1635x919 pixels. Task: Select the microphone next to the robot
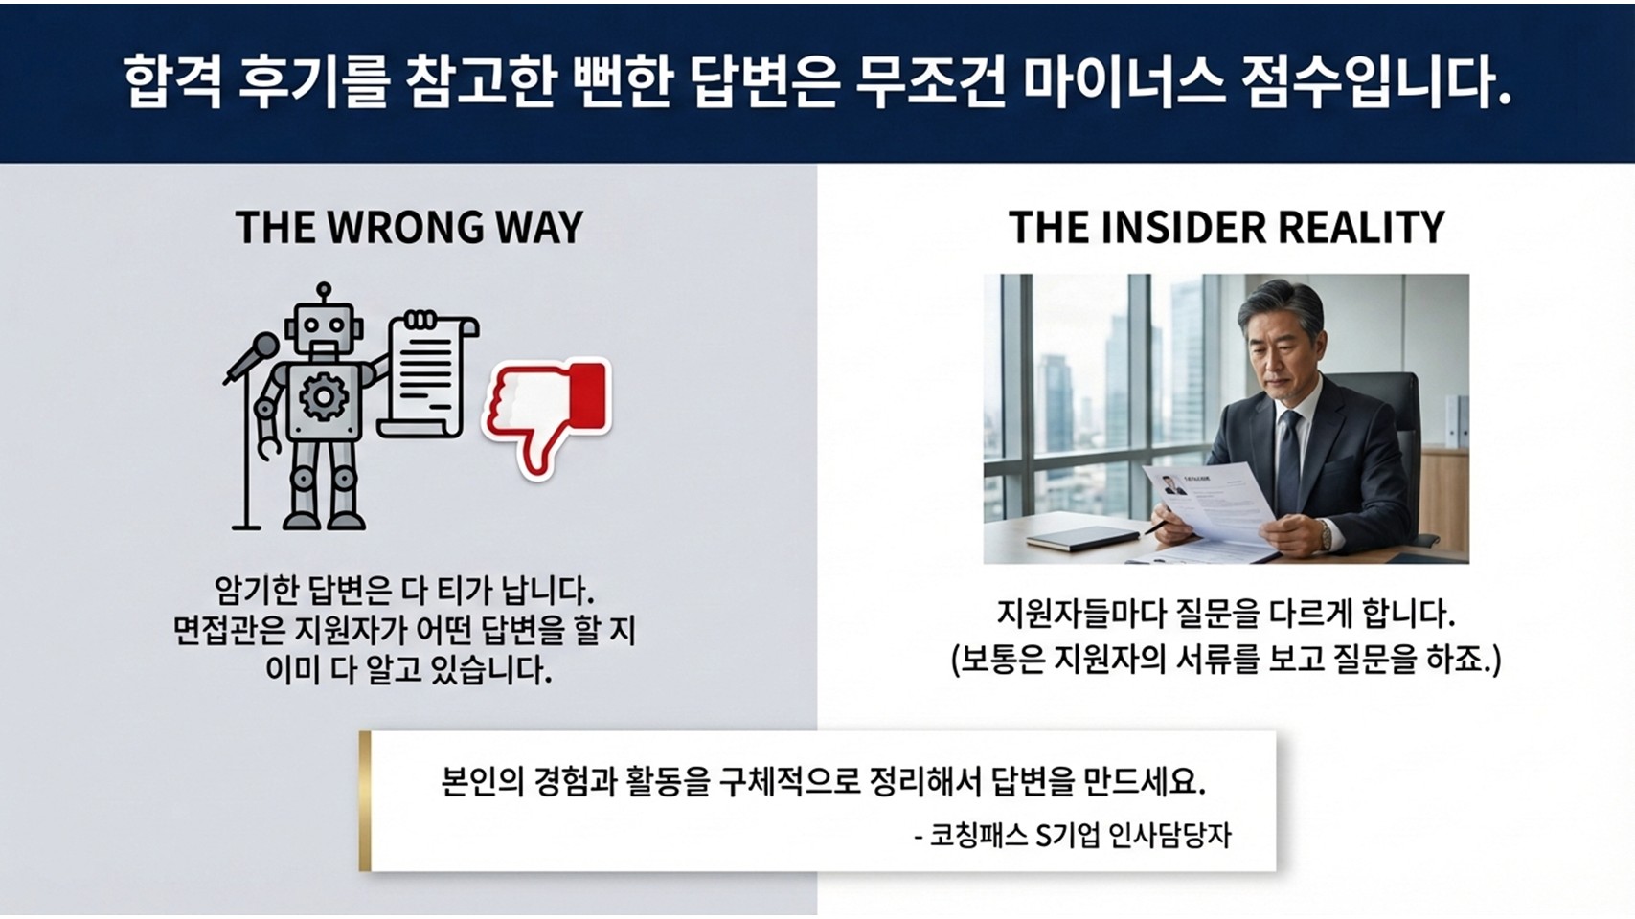[253, 358]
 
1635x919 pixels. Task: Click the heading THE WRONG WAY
[409, 227]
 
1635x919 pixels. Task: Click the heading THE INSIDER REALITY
[1226, 227]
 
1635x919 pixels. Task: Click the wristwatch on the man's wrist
[1325, 534]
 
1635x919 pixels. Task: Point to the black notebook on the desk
[1083, 538]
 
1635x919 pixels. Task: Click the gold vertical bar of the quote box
[365, 801]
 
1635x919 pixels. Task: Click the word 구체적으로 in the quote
[786, 782]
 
